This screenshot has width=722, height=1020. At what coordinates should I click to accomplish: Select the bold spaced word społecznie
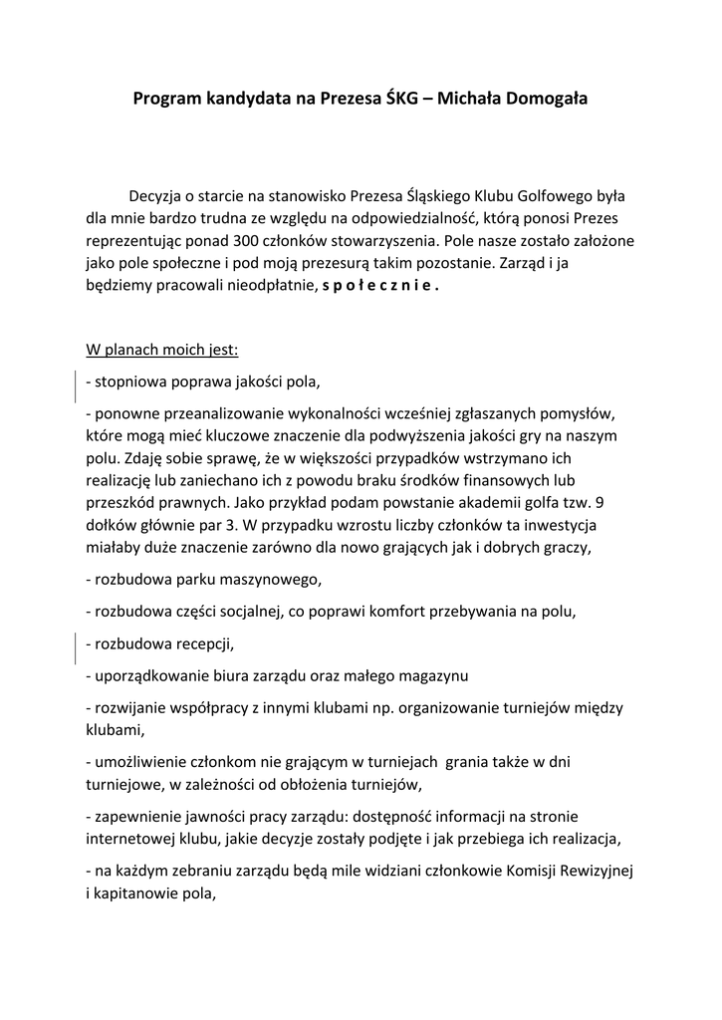point(381,286)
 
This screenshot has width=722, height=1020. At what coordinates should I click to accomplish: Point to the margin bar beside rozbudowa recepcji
point(78,647)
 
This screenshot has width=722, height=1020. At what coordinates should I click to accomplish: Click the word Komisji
point(498,871)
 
